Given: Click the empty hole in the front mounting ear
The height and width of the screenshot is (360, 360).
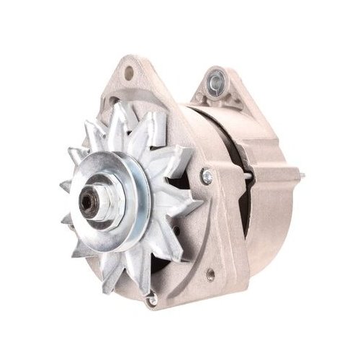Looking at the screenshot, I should pos(129,73).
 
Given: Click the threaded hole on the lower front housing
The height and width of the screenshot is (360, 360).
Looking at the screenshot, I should pos(210,274).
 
